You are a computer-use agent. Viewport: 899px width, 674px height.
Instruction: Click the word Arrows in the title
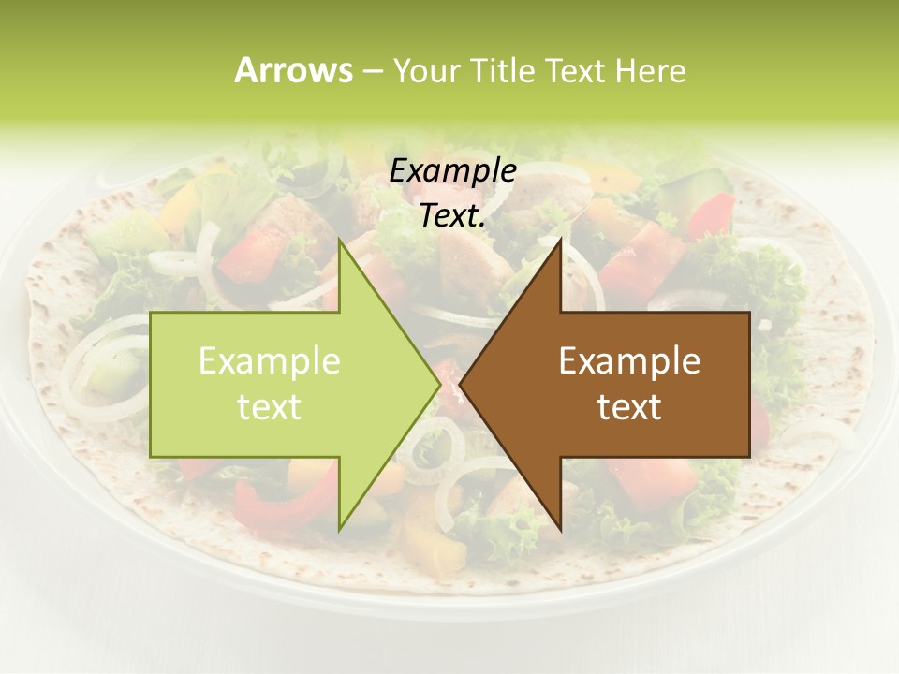click(x=293, y=70)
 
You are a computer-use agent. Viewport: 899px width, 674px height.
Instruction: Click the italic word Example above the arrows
click(x=452, y=170)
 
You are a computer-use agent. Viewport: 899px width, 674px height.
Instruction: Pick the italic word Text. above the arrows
click(x=452, y=216)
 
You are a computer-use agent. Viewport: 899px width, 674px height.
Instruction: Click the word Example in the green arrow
click(x=270, y=360)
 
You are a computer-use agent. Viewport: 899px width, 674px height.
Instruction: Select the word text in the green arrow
click(x=270, y=407)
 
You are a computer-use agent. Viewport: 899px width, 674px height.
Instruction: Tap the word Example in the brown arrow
click(x=629, y=360)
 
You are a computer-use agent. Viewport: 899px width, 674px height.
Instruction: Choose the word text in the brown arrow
click(x=629, y=407)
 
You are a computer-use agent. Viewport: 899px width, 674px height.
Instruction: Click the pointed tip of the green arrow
click(x=440, y=384)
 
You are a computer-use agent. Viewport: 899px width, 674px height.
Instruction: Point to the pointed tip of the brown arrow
click(x=460, y=384)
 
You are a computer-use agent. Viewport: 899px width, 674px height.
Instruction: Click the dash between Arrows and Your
click(x=371, y=71)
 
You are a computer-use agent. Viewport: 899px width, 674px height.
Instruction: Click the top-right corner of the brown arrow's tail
click(x=749, y=313)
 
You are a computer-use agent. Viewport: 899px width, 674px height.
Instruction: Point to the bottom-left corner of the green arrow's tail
click(x=151, y=457)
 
